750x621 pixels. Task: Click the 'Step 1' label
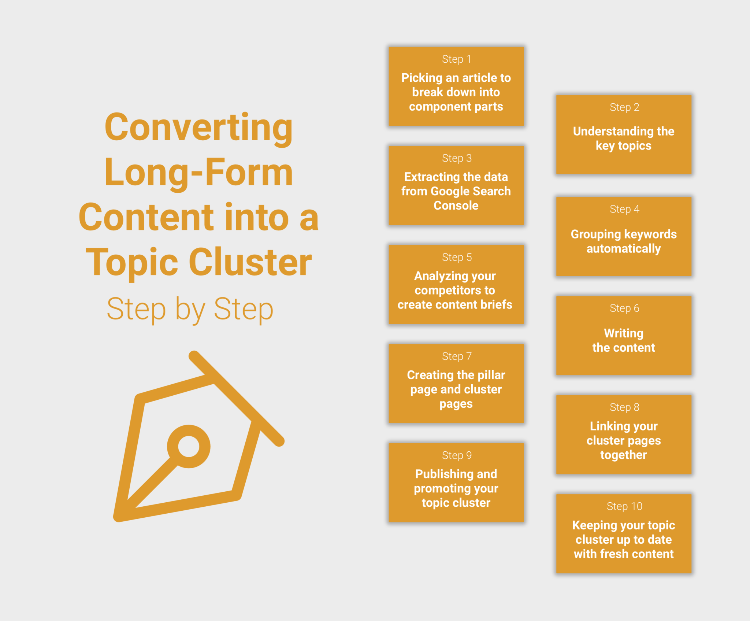coord(456,59)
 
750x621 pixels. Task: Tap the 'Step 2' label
coord(624,107)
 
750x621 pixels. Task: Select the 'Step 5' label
coord(457,257)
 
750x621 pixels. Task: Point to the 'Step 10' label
coord(624,506)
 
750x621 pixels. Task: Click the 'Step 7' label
coord(457,356)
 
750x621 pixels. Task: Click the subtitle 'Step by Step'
coord(190,309)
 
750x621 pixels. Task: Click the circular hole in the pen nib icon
coord(189,446)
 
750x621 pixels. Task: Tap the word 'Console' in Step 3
coord(456,206)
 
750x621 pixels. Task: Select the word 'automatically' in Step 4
coord(624,249)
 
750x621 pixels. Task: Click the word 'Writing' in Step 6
coord(624,333)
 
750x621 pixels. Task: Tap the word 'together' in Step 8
coord(624,455)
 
